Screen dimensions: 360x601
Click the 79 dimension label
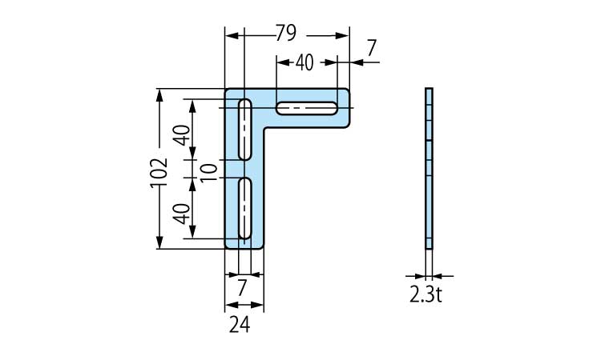point(286,34)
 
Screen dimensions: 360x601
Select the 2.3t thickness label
point(426,294)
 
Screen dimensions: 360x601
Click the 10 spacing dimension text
point(208,170)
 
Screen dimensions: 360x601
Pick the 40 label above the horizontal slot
point(305,62)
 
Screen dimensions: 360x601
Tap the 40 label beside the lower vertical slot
point(182,212)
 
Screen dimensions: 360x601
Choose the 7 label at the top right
point(371,49)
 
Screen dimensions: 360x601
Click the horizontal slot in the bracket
point(307,108)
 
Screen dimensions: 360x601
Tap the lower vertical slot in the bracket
point(245,208)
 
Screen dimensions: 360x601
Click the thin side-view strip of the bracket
point(429,168)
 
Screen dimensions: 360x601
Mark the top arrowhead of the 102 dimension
point(160,94)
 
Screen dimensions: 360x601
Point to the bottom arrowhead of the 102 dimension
point(160,243)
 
